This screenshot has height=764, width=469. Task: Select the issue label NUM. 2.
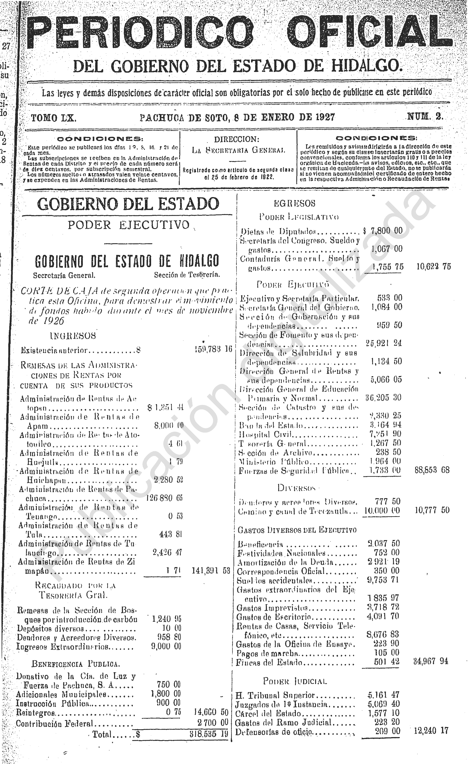(x=425, y=117)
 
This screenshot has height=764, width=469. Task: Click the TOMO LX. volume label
(x=53, y=118)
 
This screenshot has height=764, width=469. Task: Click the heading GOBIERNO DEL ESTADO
(x=128, y=204)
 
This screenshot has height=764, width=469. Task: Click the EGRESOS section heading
(x=294, y=203)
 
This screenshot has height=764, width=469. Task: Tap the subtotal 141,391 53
(x=211, y=571)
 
